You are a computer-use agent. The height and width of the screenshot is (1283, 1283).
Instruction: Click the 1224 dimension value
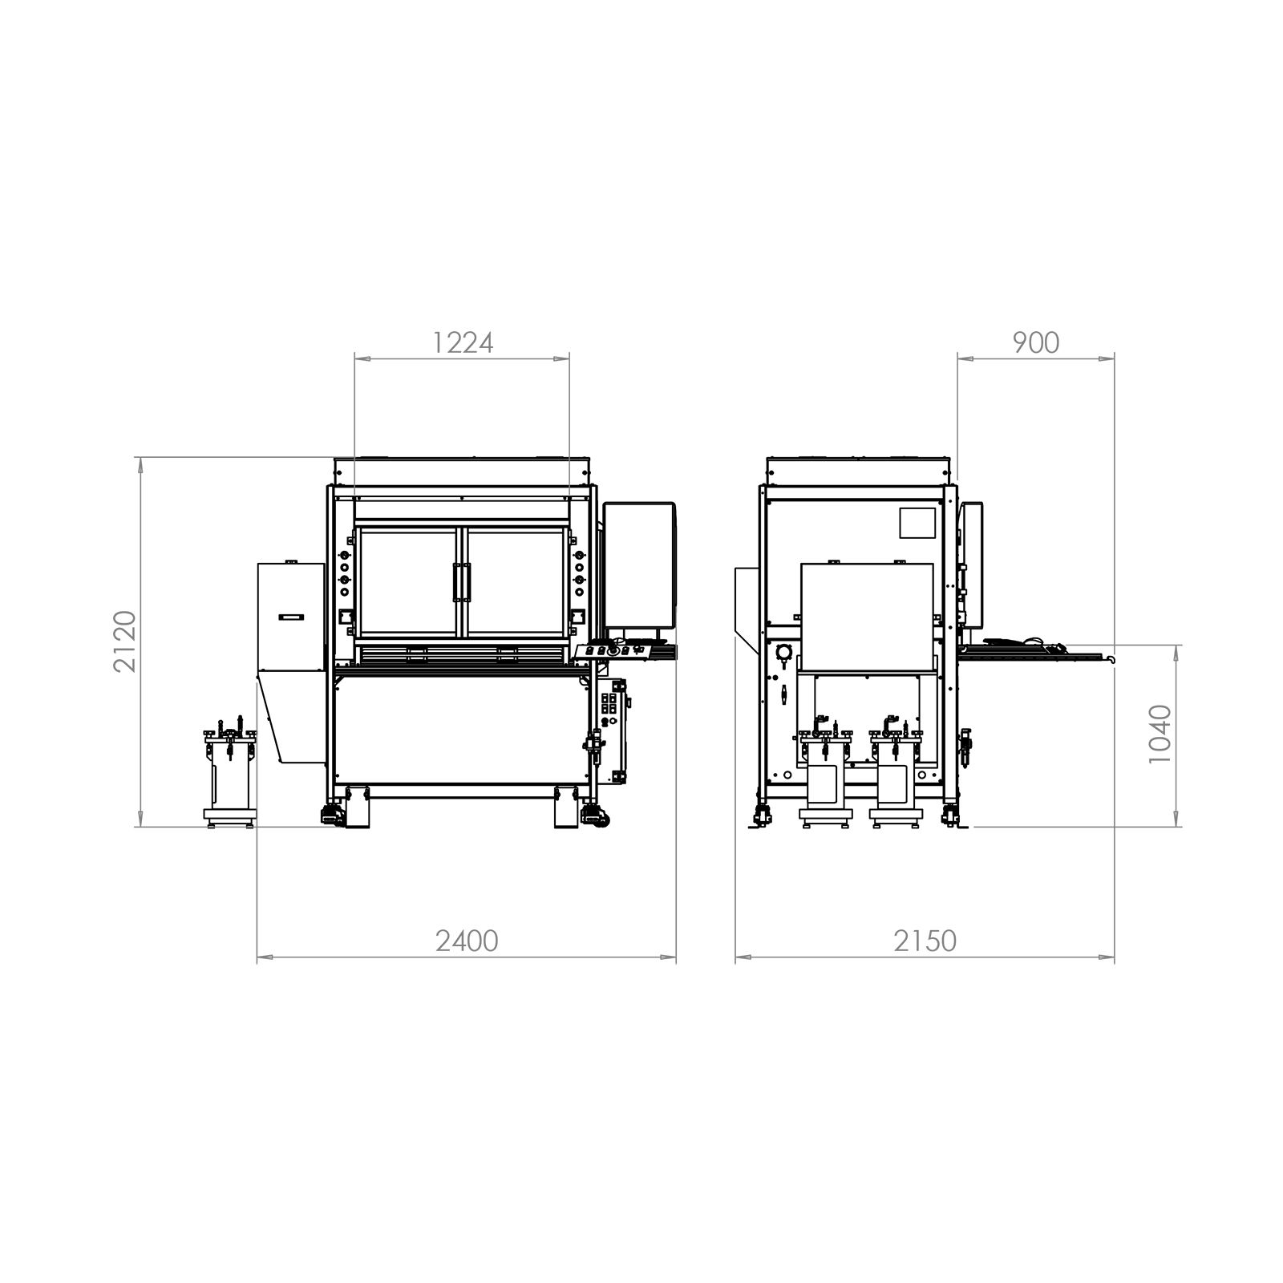(x=463, y=343)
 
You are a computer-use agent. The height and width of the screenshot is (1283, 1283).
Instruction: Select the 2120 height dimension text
(x=125, y=641)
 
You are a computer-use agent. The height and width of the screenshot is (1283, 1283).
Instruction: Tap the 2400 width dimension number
(x=467, y=941)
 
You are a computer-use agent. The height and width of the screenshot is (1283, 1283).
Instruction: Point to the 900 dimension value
(x=1036, y=343)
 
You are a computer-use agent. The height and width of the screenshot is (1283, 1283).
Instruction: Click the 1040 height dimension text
(x=1160, y=735)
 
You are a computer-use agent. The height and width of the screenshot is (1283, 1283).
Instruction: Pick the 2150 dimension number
(x=925, y=941)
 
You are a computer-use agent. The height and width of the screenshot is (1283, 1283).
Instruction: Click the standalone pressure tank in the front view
(x=231, y=773)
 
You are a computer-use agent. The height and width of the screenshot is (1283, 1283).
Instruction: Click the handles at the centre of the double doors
(x=462, y=582)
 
